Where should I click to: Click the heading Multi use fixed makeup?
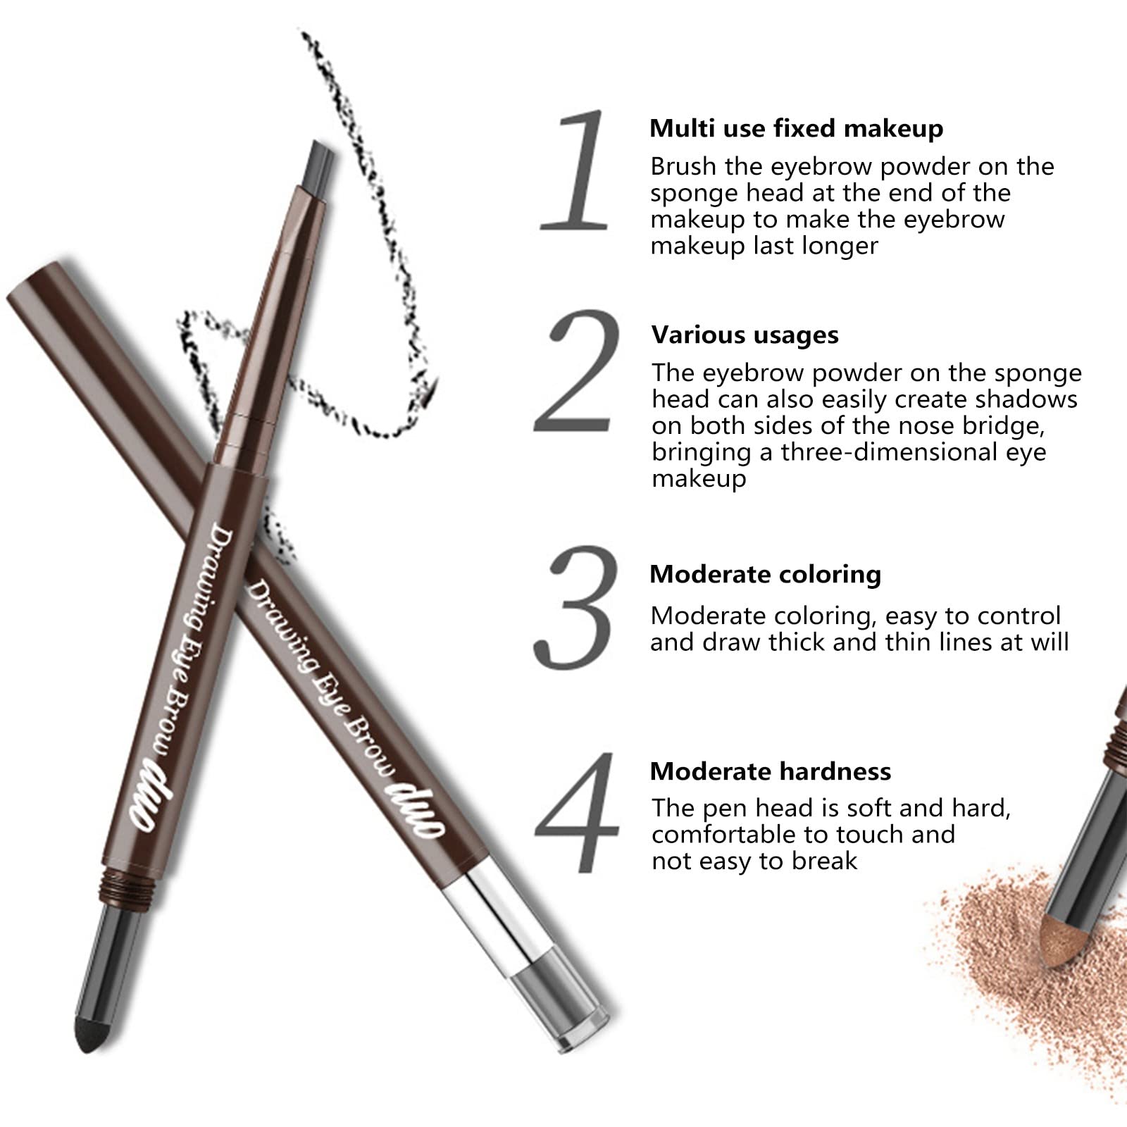[x=796, y=128]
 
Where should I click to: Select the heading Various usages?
[x=745, y=335]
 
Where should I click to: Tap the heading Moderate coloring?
[x=766, y=574]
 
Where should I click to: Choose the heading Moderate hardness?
[x=771, y=771]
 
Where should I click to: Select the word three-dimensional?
[x=889, y=452]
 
